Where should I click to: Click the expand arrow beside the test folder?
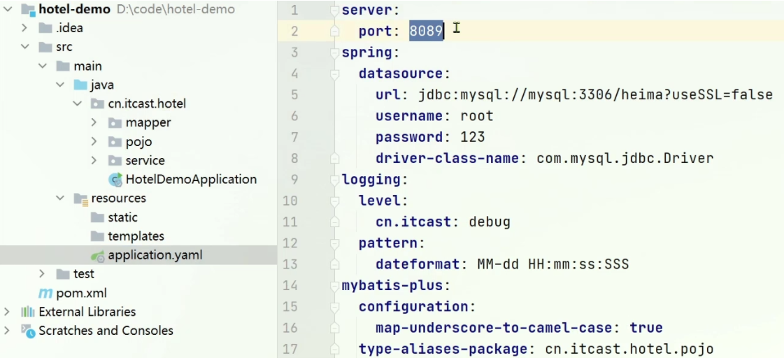42,274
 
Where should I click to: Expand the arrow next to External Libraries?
7,312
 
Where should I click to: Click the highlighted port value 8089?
426,31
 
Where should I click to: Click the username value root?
476,116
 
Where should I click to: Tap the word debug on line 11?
490,222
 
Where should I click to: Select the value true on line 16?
646,328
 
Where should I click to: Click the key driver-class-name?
447,159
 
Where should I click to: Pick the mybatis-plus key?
392,286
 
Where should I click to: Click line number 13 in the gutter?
290,264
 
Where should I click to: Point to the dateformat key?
418,264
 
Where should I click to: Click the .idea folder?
69,28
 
